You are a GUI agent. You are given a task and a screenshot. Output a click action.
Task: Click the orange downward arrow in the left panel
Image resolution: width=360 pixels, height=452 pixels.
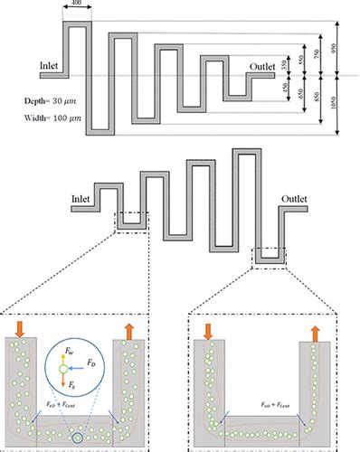21,325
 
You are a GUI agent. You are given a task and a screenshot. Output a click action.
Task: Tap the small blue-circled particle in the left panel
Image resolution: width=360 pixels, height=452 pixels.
77,439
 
